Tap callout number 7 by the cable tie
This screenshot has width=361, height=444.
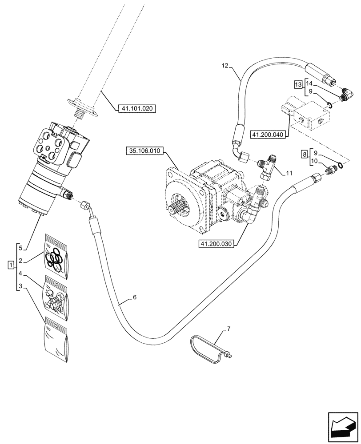coord(229,329)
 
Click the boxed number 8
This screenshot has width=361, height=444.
coord(304,154)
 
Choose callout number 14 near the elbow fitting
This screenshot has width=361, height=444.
coord(310,83)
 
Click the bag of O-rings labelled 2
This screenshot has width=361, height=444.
coord(56,258)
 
